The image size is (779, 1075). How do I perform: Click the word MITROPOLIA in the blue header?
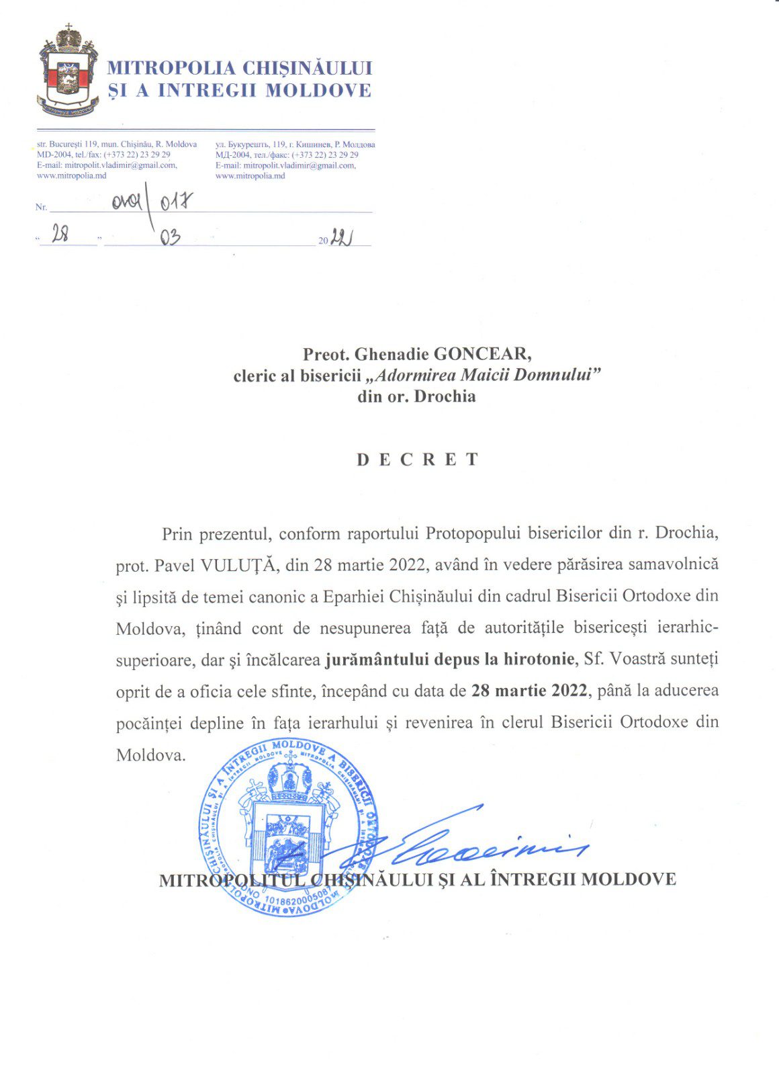click(x=171, y=68)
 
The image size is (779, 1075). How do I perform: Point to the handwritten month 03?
click(x=170, y=236)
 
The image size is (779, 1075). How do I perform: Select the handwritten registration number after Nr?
click(x=152, y=201)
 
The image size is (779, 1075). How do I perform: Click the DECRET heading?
click(x=417, y=460)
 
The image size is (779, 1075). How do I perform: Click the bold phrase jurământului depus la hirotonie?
click(x=449, y=659)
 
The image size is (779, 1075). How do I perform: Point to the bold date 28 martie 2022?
click(x=529, y=691)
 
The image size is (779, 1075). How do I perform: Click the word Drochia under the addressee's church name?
click(x=445, y=396)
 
